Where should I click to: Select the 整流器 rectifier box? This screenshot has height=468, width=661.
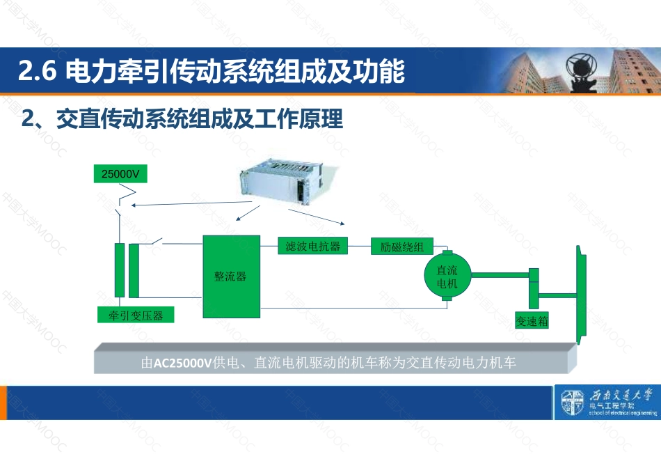(x=230, y=276)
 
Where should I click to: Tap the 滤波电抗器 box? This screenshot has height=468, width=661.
(x=312, y=246)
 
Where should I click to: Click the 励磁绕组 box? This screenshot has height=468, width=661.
(x=402, y=247)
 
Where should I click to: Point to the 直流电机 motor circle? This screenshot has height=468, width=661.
(x=447, y=276)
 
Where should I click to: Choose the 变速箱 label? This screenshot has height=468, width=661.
(x=532, y=321)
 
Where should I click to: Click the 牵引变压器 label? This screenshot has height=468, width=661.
(x=136, y=315)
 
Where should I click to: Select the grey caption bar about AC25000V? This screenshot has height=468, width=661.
(x=334, y=362)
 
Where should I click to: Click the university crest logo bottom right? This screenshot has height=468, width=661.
(x=573, y=404)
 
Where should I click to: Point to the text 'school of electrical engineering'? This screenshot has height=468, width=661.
(x=622, y=412)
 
